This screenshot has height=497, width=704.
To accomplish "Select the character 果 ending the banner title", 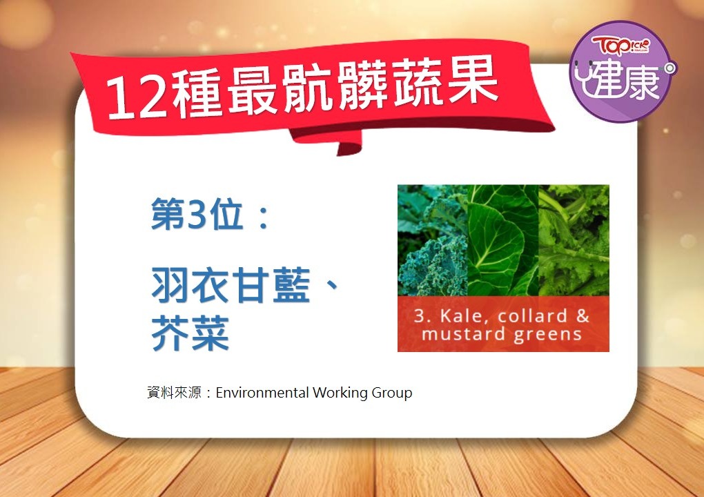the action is tap(473, 80).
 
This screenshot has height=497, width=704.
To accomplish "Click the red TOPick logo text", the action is tap(620, 46).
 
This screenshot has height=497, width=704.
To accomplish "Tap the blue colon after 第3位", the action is tap(263, 216).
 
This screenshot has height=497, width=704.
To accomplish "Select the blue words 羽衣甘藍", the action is tap(231, 285).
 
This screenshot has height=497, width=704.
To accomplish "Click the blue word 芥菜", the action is tap(190, 333).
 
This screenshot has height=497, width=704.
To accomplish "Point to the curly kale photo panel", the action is tap(432, 240).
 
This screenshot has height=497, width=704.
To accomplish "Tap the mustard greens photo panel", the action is tap(574, 240).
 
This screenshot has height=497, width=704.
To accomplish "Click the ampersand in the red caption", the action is tap(583, 315).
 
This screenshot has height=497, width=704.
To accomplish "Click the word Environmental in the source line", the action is tap(262, 393).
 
